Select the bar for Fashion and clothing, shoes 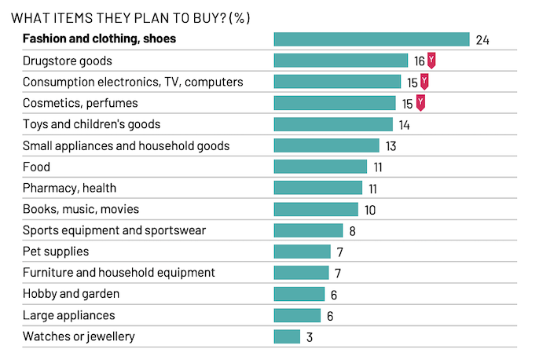click(371, 39)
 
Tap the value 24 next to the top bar click(482, 40)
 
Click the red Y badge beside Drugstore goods click(431, 61)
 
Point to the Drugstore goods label click(68, 61)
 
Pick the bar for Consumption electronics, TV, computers click(337, 82)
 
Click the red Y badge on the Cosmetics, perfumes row click(420, 103)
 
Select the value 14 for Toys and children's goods click(404, 125)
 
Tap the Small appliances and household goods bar click(326, 145)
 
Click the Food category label click(36, 167)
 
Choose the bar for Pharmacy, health click(318, 188)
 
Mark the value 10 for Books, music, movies click(370, 210)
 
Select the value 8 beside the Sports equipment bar click(352, 231)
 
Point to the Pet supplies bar click(302, 252)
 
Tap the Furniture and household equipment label click(119, 273)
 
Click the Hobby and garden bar click(299, 294)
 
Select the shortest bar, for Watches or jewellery click(287, 336)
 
